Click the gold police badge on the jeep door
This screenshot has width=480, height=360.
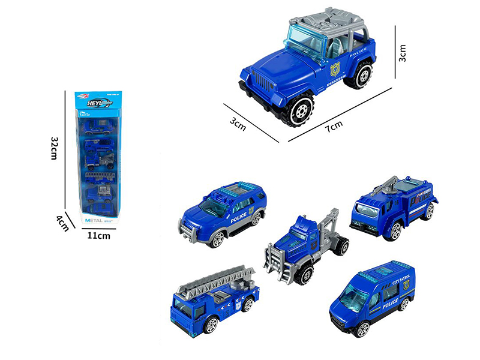coord(335,68)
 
